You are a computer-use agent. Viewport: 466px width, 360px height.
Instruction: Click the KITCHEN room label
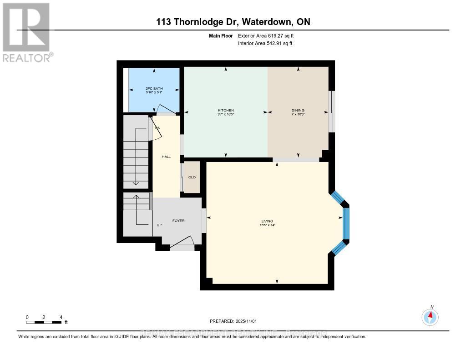coord(226,111)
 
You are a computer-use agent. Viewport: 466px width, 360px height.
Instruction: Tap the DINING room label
coord(298,111)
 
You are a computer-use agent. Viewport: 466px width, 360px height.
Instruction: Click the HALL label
coord(166,157)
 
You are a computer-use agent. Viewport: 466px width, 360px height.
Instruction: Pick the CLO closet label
coord(192,177)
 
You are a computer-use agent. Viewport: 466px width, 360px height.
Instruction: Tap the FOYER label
coord(178,221)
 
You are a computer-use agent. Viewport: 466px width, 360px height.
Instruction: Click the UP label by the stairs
coord(159,225)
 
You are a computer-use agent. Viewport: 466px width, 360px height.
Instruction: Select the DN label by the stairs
coord(158,128)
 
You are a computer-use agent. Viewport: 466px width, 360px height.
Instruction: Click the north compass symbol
coord(430,316)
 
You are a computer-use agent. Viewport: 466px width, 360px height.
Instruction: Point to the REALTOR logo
coord(27,32)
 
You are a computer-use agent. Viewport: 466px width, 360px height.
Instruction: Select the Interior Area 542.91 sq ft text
coord(265,44)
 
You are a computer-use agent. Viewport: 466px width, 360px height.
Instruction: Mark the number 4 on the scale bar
coord(61,317)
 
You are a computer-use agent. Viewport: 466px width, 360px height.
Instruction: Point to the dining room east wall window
coord(332,112)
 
